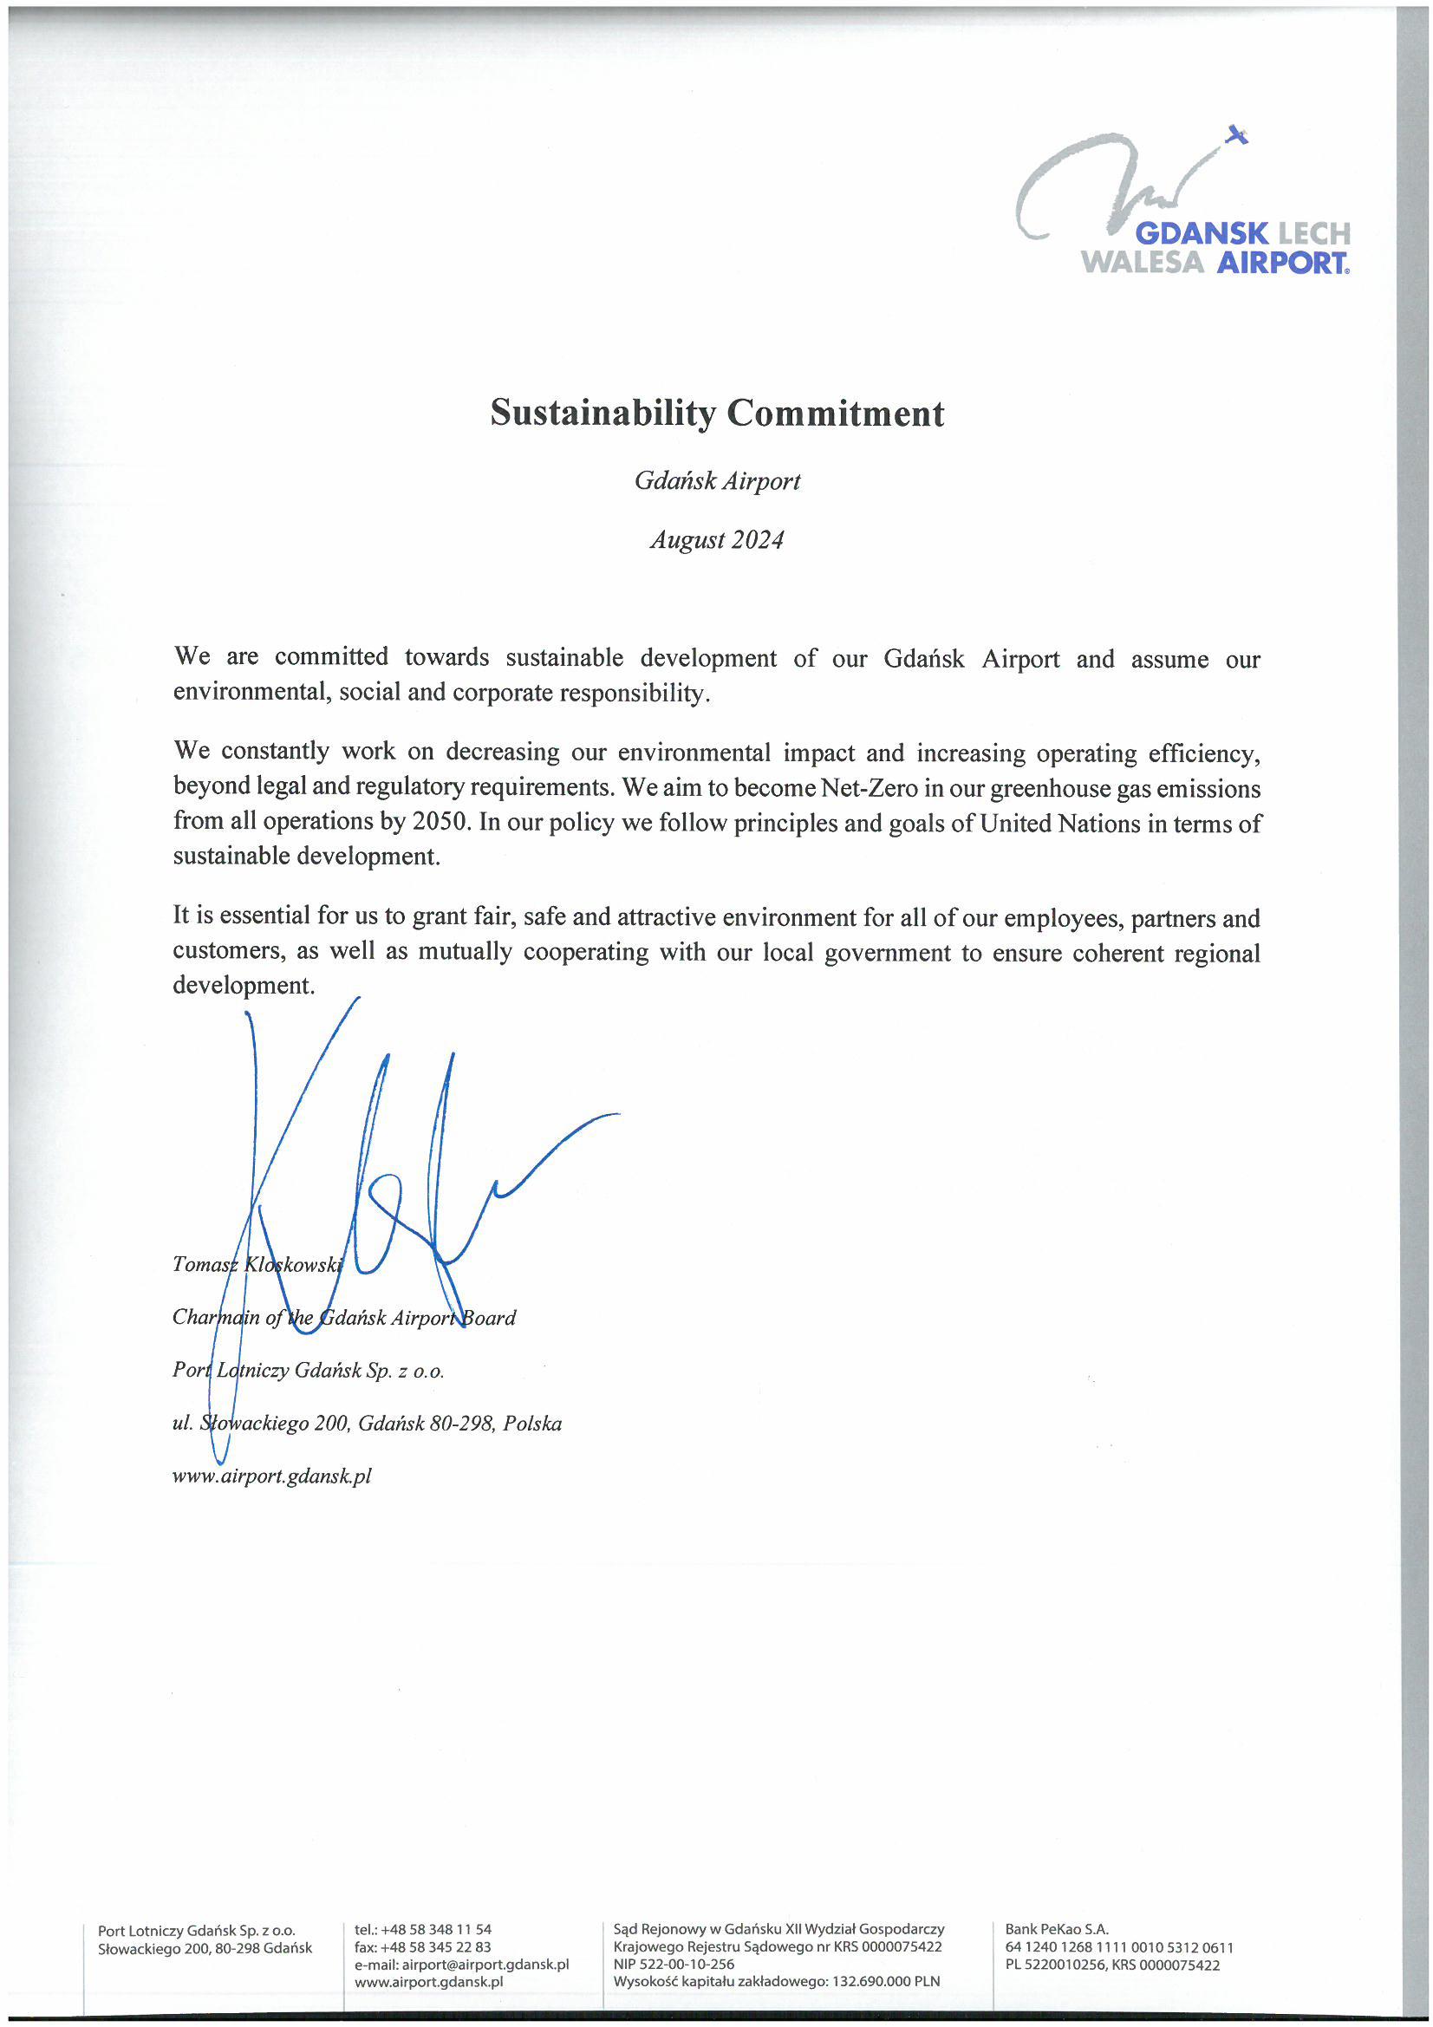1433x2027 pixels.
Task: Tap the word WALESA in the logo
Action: point(1143,262)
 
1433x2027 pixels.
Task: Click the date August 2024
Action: point(717,539)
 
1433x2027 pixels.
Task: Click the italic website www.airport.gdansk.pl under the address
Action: point(272,1476)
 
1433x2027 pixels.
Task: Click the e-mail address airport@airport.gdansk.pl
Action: point(485,1965)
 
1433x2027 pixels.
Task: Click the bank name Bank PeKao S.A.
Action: point(1056,1929)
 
